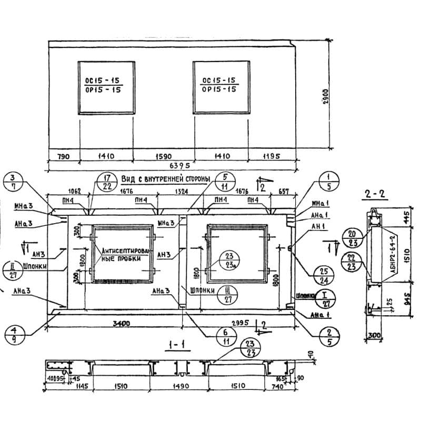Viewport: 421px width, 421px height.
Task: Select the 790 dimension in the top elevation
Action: click(62, 156)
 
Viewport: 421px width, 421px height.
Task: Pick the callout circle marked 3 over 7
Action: click(13, 182)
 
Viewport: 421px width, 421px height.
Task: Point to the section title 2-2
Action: click(375, 195)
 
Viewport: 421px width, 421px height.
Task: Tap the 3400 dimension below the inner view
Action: click(122, 322)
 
